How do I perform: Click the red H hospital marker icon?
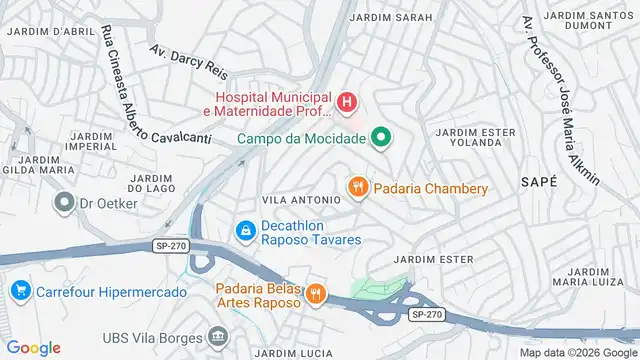tap(346, 101)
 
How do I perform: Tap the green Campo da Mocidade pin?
tap(381, 137)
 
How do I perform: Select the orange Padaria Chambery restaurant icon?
tap(357, 187)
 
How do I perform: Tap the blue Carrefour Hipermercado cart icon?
tap(19, 291)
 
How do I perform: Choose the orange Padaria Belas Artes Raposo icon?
tap(316, 292)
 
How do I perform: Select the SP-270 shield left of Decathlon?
tap(170, 245)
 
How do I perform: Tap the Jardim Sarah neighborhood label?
tap(392, 18)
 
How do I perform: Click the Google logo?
tap(34, 348)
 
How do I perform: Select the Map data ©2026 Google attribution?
tap(576, 352)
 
